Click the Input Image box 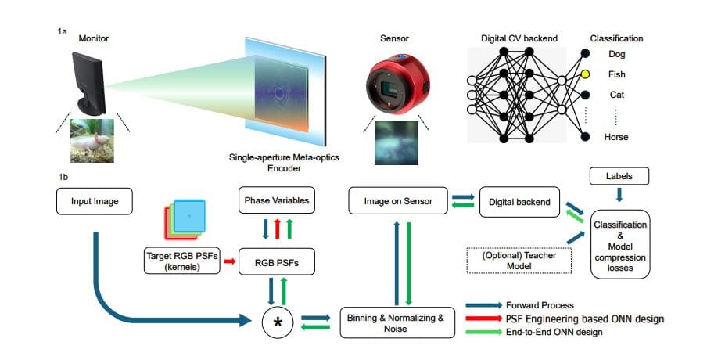tap(95, 202)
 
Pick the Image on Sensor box tap(397, 201)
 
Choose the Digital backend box tap(519, 202)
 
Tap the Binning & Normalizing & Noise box tap(397, 322)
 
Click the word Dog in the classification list tap(616, 55)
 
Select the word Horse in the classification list tap(618, 137)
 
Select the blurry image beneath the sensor tap(397, 142)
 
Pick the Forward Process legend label tap(540, 304)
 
